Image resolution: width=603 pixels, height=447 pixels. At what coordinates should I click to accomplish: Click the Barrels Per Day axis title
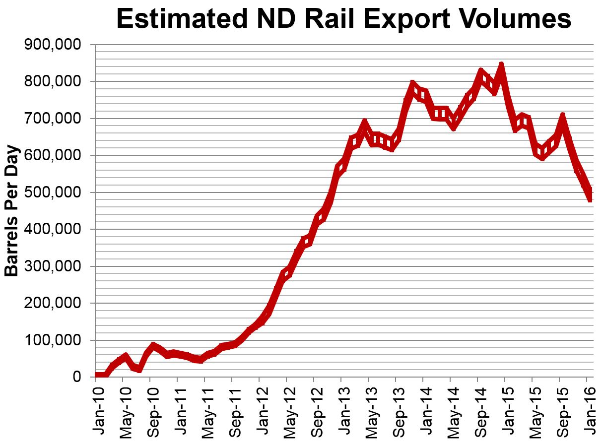pos(12,210)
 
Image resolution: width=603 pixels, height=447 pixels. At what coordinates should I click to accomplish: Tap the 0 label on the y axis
pos(76,377)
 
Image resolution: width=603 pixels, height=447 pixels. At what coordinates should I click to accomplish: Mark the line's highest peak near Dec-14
pos(501,65)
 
